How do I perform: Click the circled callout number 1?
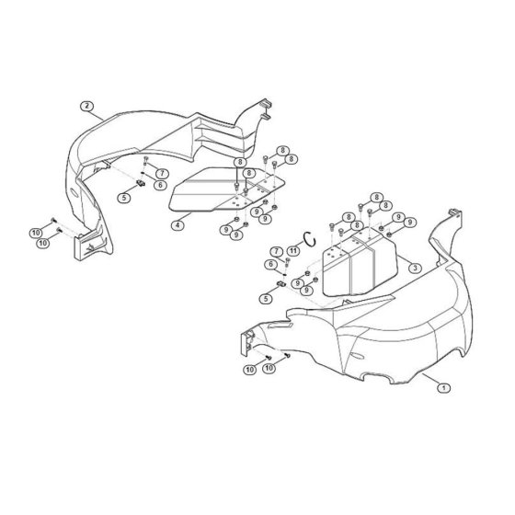[443, 388]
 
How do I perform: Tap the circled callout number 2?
[86, 106]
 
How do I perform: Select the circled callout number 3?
[415, 268]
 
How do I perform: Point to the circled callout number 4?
[177, 225]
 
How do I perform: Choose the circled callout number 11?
[293, 251]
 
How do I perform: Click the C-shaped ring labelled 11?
[310, 238]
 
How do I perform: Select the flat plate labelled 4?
[226, 189]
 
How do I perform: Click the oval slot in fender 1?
[357, 356]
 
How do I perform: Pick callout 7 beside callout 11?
[277, 252]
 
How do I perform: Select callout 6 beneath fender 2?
[160, 185]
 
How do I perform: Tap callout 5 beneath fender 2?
[124, 198]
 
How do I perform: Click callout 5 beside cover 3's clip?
[266, 299]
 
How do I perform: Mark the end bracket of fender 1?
[248, 342]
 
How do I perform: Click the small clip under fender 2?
[141, 183]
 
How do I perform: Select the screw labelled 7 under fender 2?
[146, 161]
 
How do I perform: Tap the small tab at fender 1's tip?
[455, 212]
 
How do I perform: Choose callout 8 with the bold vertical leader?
[240, 162]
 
